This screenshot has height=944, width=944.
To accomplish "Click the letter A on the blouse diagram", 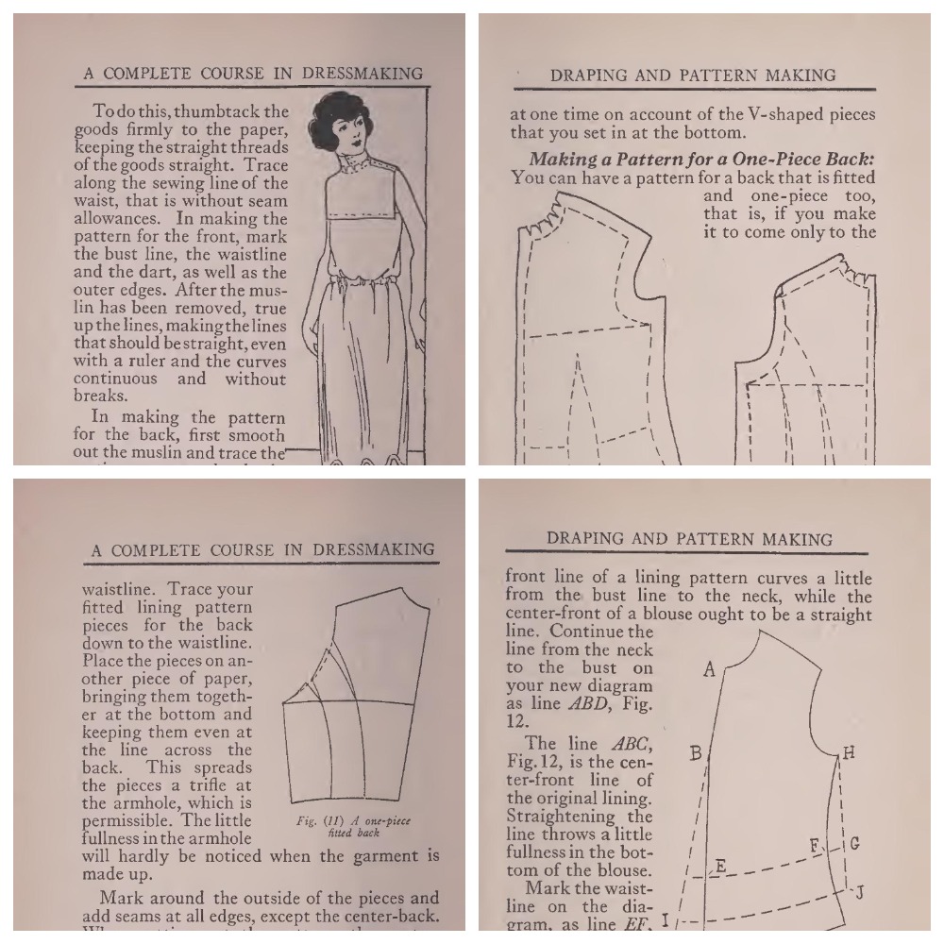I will click(x=710, y=669).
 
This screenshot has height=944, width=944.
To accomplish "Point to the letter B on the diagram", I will click(x=696, y=752).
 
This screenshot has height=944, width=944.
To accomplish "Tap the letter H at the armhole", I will click(x=849, y=752).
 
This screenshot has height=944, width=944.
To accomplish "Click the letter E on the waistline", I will click(x=720, y=866).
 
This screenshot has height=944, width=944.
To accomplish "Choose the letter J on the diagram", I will click(x=860, y=891).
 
